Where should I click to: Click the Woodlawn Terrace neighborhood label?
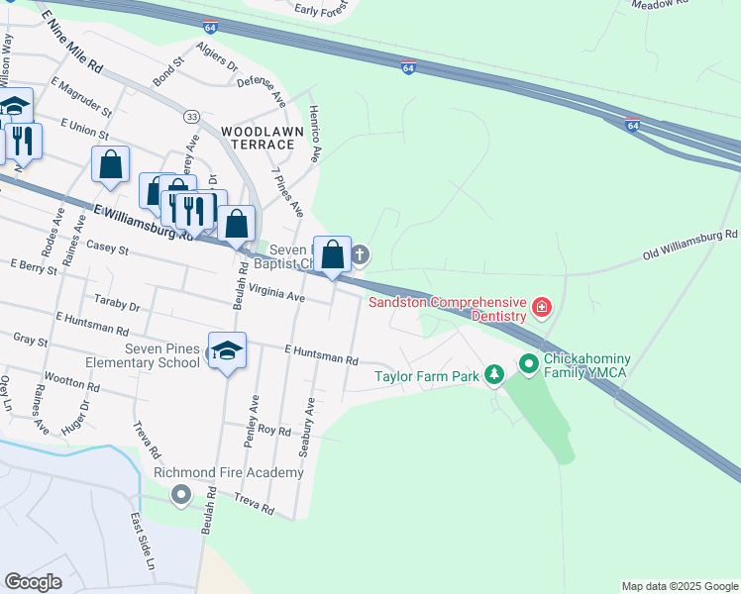pos(258,138)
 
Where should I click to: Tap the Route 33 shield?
pos(191,117)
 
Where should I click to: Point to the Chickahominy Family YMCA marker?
pos(528,365)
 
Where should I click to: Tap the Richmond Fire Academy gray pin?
pos(180,494)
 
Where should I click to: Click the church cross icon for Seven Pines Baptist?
pos(361,255)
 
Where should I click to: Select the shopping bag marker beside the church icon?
pos(333,255)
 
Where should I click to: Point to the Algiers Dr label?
pos(217,58)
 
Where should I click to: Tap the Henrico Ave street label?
pos(315,134)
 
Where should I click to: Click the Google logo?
pos(34,582)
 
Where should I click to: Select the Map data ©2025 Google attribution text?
pos(679,586)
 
